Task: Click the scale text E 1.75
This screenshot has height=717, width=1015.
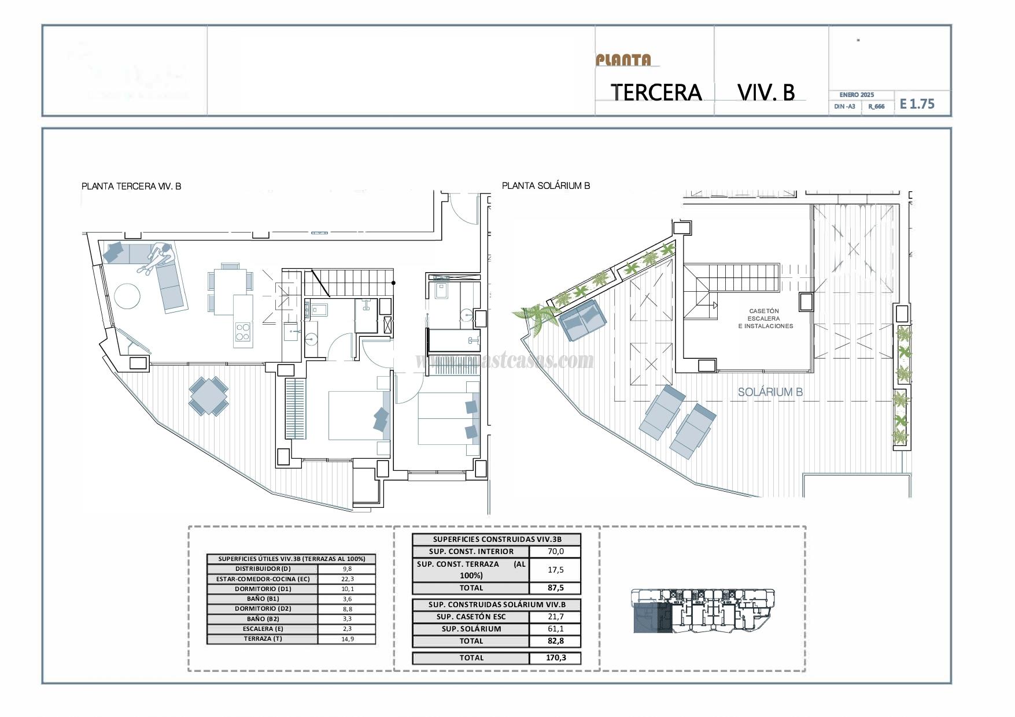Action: point(917,104)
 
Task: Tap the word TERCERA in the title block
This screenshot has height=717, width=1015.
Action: point(656,92)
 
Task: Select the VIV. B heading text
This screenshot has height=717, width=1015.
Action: point(766,92)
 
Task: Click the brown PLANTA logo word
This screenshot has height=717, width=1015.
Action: point(623,60)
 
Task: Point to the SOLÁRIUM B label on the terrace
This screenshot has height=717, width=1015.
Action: point(770,392)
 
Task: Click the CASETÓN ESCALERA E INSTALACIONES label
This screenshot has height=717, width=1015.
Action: point(765,318)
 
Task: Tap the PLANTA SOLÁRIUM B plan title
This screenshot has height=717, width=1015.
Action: point(545,185)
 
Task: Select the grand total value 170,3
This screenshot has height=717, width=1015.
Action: point(555,657)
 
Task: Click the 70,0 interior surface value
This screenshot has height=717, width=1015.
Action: point(555,551)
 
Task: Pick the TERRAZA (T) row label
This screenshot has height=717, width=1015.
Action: point(263,639)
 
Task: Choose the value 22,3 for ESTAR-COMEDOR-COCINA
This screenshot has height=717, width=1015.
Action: point(347,579)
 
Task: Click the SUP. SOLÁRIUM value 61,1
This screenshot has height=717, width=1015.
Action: point(555,629)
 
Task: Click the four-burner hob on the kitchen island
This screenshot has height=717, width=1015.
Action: point(243,332)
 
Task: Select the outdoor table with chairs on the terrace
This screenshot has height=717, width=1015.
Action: point(208,396)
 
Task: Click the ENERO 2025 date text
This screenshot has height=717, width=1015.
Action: point(857,95)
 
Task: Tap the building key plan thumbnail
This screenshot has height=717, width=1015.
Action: point(703,611)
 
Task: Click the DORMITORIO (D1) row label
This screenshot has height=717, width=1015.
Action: point(263,589)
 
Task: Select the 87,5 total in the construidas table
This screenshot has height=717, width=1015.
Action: point(555,588)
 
